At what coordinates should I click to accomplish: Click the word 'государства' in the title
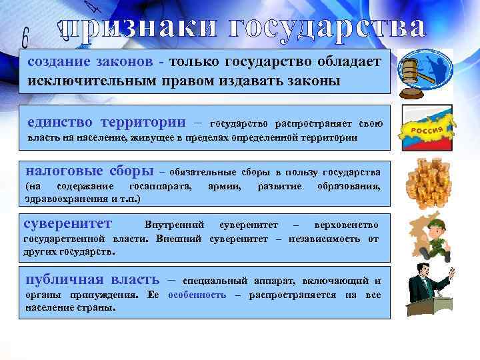(x=319, y=27)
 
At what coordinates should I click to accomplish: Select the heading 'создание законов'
(x=94, y=62)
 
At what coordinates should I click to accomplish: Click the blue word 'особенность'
(x=197, y=295)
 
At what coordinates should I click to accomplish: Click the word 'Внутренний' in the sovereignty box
(x=174, y=225)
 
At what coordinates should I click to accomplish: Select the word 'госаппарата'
(x=159, y=185)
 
